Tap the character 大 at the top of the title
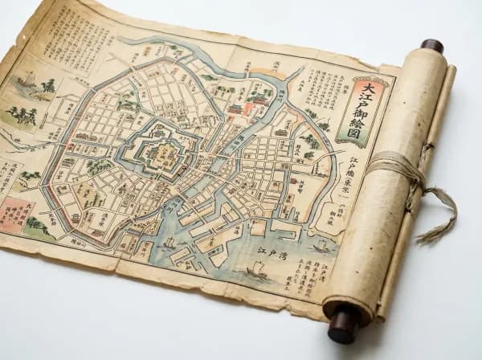[x=369, y=87]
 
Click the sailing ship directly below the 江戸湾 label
[x=257, y=273]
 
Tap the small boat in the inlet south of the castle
[x=170, y=241]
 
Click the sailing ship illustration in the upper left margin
[x=27, y=80]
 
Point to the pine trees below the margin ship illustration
[x=22, y=115]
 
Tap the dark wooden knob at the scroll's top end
[x=431, y=46]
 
